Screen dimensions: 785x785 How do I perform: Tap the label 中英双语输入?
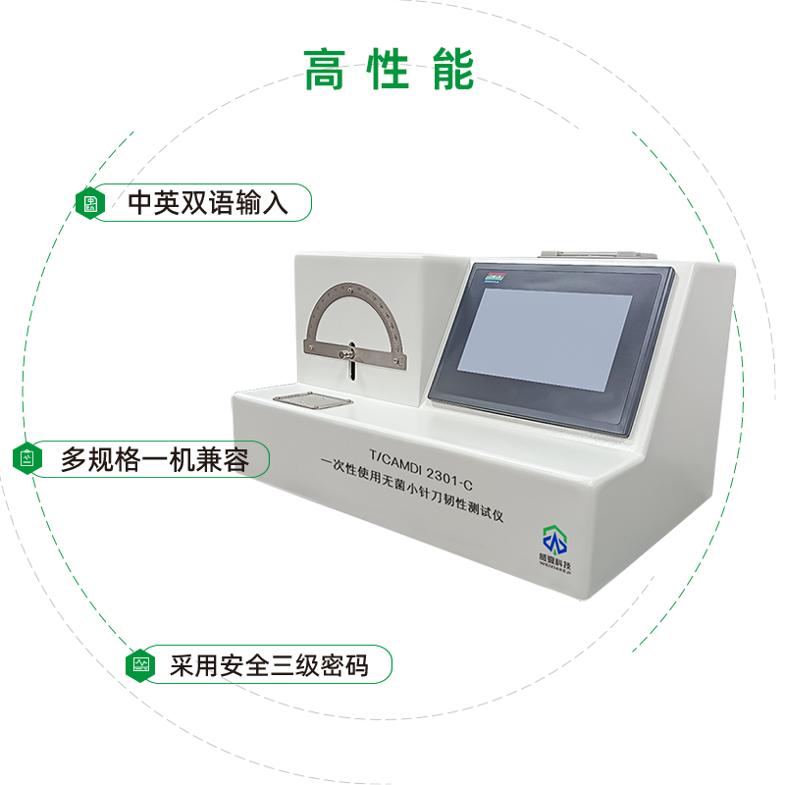point(208,203)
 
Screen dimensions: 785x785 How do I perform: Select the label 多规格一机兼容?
point(155,458)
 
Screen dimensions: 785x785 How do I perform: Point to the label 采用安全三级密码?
point(269,666)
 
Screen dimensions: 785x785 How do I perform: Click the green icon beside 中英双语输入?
point(91,203)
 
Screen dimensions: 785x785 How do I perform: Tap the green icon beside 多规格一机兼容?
point(27,458)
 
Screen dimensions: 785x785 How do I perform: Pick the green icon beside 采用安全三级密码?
point(142,665)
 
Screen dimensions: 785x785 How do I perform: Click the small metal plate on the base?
point(307,400)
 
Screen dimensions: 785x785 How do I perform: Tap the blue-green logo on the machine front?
point(556,539)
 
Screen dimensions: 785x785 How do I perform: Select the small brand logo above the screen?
point(494,280)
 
